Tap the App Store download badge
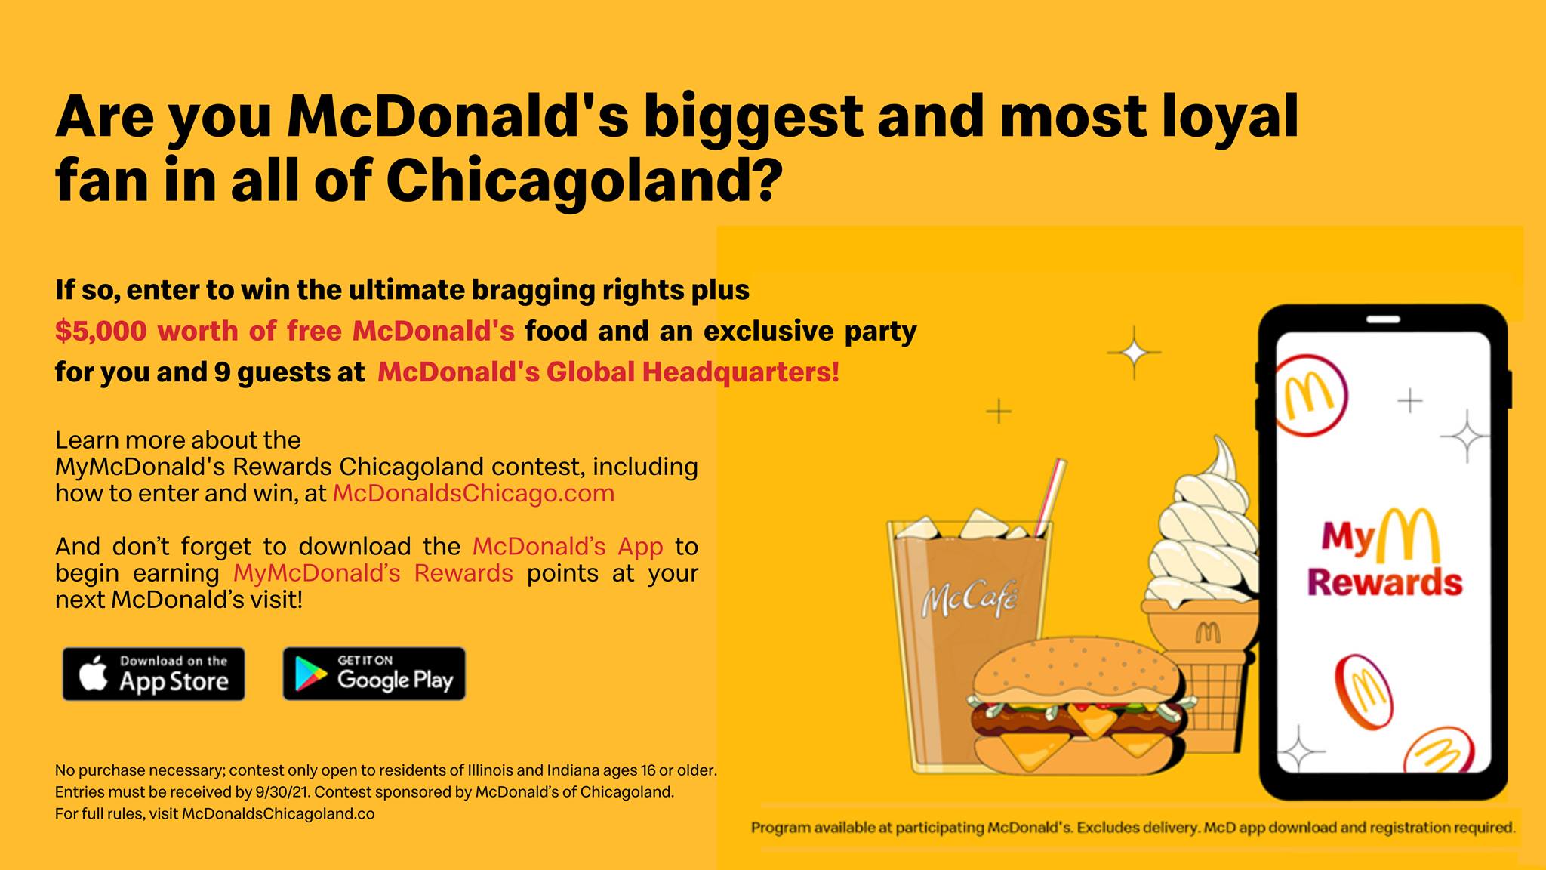[154, 674]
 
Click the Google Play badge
[374, 674]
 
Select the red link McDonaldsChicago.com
[473, 493]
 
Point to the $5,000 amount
[101, 331]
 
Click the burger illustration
[1079, 707]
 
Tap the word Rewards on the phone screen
[1385, 582]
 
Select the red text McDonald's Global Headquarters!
[608, 372]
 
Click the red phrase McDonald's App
[568, 546]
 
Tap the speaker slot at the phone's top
[1383, 320]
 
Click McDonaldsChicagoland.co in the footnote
[279, 814]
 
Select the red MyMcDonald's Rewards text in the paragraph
[373, 573]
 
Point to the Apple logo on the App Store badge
[94, 674]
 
